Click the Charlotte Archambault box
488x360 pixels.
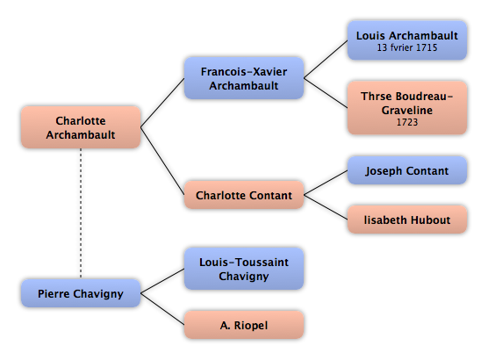click(x=81, y=127)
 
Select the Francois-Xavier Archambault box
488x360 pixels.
click(x=244, y=78)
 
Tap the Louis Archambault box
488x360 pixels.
click(x=407, y=40)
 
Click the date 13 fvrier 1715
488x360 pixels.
click(x=407, y=47)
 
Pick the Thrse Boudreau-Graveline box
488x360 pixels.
click(x=407, y=108)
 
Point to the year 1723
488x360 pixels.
click(x=407, y=122)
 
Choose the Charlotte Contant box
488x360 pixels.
click(x=244, y=195)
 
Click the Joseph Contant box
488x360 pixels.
click(x=407, y=170)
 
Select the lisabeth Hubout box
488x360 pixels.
click(x=407, y=220)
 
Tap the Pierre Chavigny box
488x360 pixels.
click(x=81, y=293)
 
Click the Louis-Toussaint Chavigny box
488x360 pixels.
click(x=244, y=269)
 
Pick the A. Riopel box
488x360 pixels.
click(x=244, y=325)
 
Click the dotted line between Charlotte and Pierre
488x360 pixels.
click(x=81, y=213)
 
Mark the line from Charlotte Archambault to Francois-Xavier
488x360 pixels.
click(x=162, y=103)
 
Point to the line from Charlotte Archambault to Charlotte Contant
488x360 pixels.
click(x=162, y=161)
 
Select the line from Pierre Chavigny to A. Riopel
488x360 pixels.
click(x=162, y=309)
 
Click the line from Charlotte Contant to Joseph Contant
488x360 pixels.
click(x=326, y=183)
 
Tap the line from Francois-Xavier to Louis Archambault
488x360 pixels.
click(x=326, y=59)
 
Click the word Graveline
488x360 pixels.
click(x=407, y=111)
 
